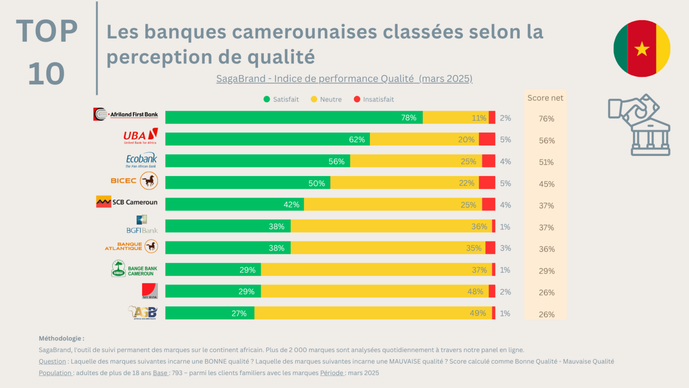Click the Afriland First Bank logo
click(x=126, y=115)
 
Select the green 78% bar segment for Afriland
click(x=294, y=118)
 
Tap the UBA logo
click(x=140, y=136)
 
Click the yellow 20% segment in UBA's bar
click(x=424, y=139)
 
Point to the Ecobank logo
click(x=141, y=160)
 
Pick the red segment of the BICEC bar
click(x=487, y=183)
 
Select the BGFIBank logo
click(x=142, y=225)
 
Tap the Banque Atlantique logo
click(x=131, y=247)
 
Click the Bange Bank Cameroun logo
click(x=134, y=269)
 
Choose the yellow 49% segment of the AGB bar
click(x=373, y=313)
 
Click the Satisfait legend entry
click(x=281, y=99)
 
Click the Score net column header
click(x=545, y=98)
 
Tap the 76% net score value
click(x=546, y=119)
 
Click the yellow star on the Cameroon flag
click(x=642, y=48)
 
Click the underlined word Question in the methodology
click(x=52, y=362)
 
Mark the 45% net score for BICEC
click(x=546, y=184)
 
